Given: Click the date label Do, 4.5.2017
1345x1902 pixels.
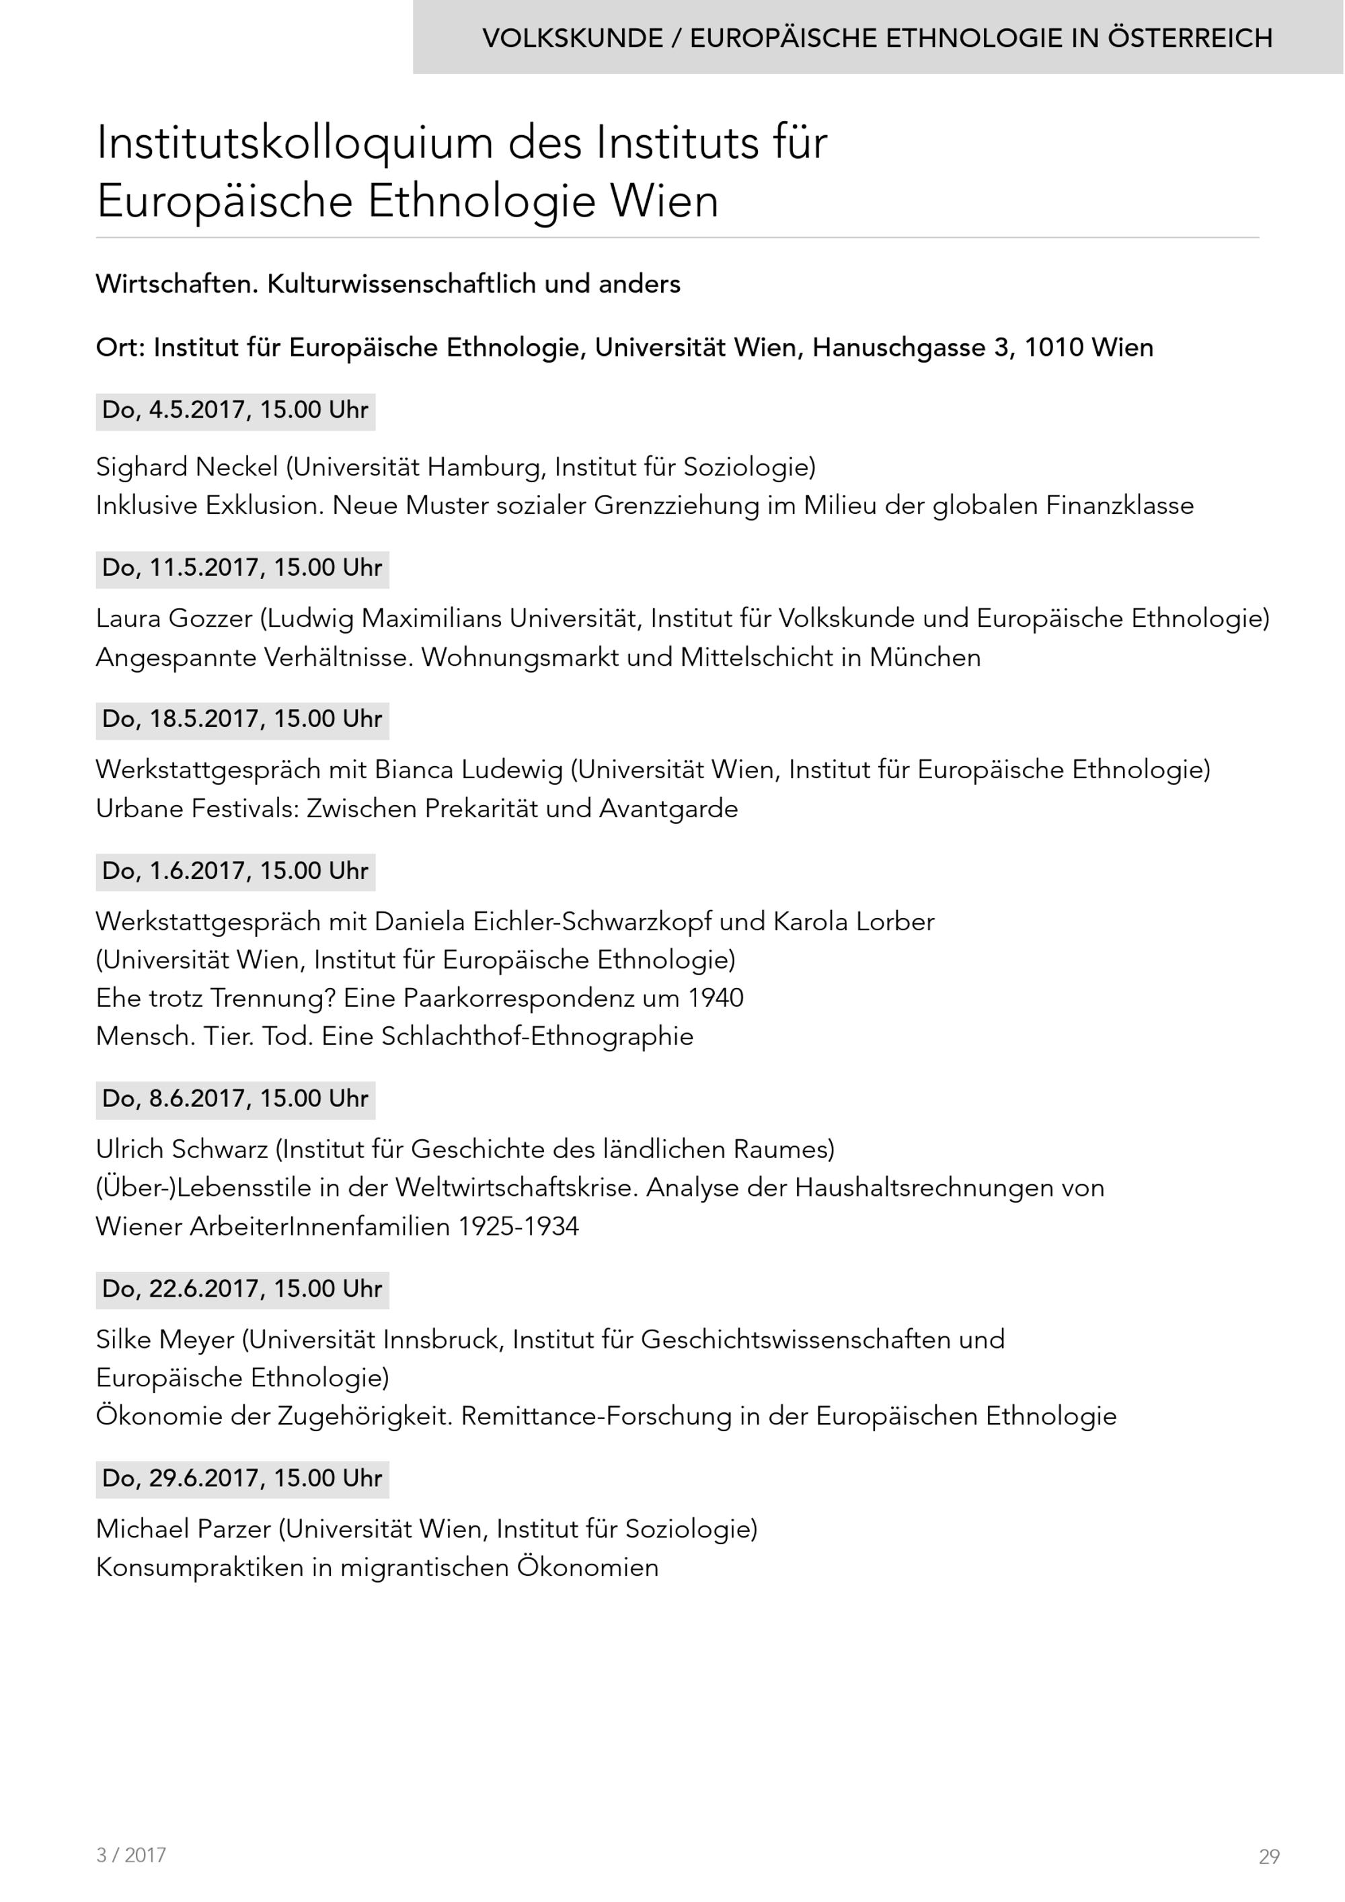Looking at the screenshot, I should point(235,411).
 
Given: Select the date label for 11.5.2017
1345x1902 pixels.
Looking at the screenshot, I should point(242,568).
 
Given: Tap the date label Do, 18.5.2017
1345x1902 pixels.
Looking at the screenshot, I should point(242,719).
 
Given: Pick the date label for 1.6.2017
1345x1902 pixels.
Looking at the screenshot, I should point(235,872).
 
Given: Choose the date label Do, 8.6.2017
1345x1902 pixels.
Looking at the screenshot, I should point(235,1099).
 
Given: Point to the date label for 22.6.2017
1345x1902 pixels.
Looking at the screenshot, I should point(242,1289).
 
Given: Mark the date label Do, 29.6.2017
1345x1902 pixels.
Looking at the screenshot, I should point(242,1479).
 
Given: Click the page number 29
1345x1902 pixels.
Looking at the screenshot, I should point(1269,1856).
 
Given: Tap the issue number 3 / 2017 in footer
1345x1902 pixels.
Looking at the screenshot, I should point(131,1855).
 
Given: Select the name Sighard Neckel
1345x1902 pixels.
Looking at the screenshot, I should point(186,467).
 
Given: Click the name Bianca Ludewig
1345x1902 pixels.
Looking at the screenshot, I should point(468,770).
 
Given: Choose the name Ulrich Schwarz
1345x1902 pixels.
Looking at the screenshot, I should point(182,1150).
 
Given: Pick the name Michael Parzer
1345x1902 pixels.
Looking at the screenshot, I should point(183,1529).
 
